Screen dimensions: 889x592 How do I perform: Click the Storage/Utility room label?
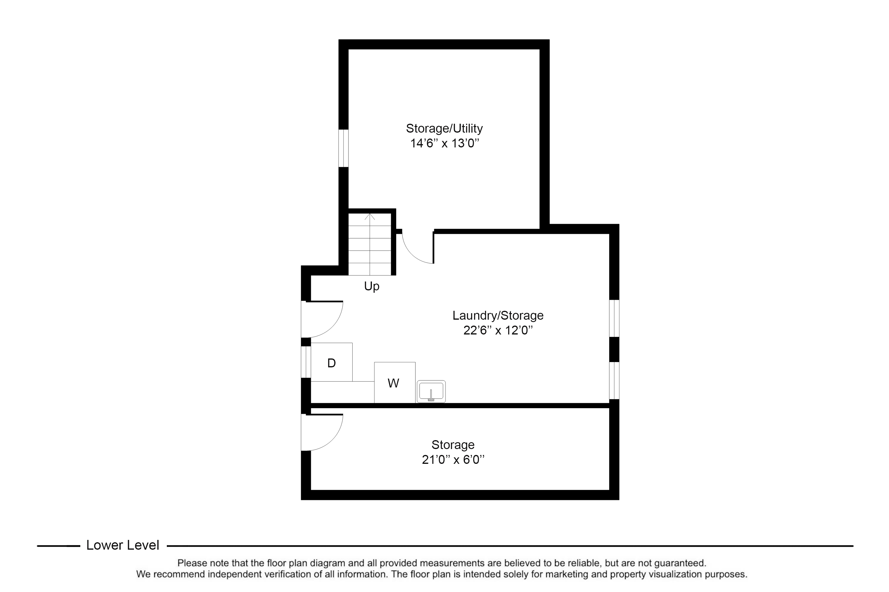coord(444,129)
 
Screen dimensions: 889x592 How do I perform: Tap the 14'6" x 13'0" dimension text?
coord(444,144)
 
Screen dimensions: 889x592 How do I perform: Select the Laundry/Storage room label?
coord(498,316)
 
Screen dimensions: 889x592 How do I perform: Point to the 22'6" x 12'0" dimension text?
coord(498,330)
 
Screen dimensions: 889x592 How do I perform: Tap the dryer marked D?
coord(332,362)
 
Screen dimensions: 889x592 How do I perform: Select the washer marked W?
coord(395,382)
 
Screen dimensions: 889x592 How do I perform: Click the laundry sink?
coord(431,392)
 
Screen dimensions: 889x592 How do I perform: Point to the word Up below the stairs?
coord(372,287)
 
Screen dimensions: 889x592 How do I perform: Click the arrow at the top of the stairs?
coord(370,217)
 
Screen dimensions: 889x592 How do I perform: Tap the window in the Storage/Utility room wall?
coord(343,148)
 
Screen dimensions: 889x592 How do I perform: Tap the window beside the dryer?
coord(306,362)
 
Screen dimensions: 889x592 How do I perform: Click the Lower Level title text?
coord(123,545)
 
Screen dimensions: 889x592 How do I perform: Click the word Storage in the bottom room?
coord(453,445)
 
